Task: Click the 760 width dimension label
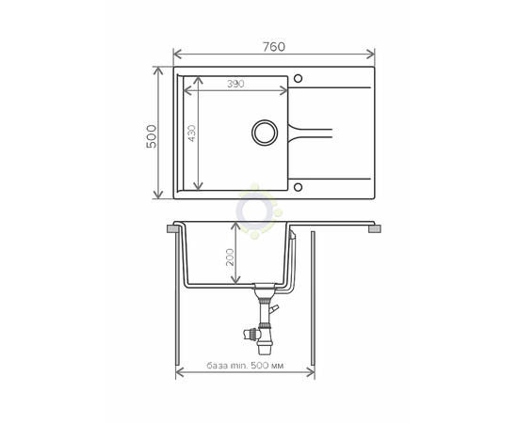click(274, 47)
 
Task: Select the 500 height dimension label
click(152, 136)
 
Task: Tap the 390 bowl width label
click(235, 84)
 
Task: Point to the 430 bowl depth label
click(191, 133)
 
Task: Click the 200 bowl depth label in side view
click(229, 258)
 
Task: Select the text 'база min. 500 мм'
click(245, 366)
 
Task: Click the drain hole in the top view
click(265, 133)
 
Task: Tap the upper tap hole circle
click(298, 78)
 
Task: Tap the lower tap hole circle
click(298, 187)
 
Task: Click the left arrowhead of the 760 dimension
click(177, 54)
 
